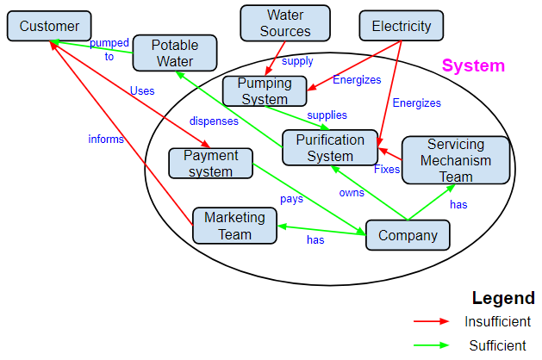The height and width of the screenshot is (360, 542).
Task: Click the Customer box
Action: [x=49, y=27]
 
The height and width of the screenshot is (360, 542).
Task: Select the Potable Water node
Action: [x=175, y=53]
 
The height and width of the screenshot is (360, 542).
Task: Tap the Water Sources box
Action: [x=284, y=23]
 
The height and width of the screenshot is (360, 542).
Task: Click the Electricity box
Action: [x=401, y=26]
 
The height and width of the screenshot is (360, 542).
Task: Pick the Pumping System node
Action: [x=265, y=91]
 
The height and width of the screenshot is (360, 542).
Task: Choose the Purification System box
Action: [x=330, y=147]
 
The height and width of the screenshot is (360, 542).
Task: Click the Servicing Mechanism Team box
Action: [x=456, y=160]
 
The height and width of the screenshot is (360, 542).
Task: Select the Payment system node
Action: [x=211, y=164]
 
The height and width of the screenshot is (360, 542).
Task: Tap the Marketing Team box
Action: [x=234, y=226]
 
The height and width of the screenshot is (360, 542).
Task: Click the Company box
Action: [x=408, y=235]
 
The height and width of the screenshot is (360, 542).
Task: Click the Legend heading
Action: [x=503, y=298]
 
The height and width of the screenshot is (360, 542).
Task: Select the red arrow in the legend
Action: [x=432, y=321]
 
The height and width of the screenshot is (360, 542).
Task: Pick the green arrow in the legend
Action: [x=432, y=345]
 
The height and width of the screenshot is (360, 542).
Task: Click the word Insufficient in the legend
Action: [x=497, y=321]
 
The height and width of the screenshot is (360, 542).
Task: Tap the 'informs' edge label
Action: [x=106, y=139]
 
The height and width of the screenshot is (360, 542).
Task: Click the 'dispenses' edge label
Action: [x=214, y=121]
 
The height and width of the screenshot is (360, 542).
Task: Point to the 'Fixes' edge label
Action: [x=387, y=170]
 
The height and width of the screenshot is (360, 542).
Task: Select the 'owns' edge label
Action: [x=351, y=192]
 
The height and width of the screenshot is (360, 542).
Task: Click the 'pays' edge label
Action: [x=291, y=199]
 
